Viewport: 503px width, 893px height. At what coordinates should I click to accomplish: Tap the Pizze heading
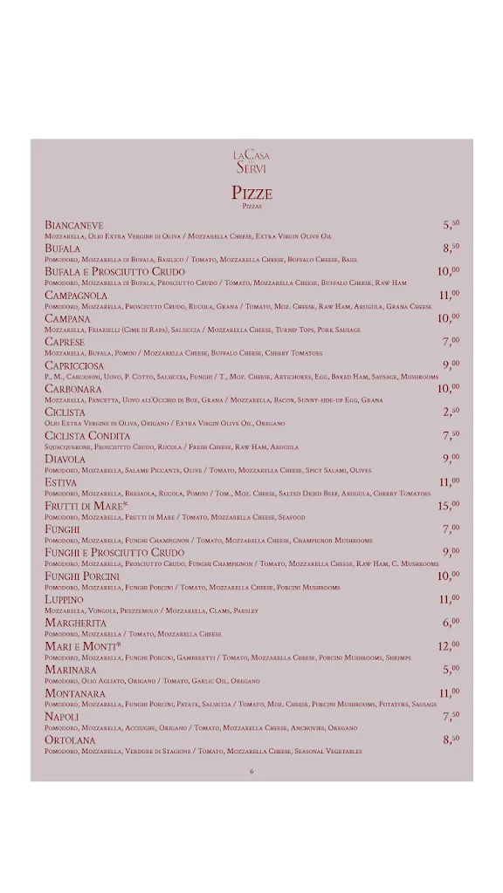pos(251,193)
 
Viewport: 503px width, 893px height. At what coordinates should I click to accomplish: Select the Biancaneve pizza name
pos(74,225)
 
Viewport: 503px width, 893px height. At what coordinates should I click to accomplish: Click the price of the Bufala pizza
pos(451,249)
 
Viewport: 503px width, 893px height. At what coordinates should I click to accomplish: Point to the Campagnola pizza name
pos(76,296)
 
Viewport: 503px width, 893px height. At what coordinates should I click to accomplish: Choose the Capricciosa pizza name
pos(75,365)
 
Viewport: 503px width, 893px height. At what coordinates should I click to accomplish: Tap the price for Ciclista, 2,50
pos(451,412)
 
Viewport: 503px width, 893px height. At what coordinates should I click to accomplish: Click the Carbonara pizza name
pos(73,389)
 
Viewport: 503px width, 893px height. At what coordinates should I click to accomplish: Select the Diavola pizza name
pos(65,459)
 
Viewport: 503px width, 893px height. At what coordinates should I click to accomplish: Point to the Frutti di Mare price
pos(449,506)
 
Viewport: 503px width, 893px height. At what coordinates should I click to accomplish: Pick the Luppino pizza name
pos(65,600)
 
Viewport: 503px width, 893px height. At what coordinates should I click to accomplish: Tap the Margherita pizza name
pos(76,624)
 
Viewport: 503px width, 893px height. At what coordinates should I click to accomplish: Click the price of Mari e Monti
pos(449,646)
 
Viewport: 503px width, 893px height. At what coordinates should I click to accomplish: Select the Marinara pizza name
pos(71,670)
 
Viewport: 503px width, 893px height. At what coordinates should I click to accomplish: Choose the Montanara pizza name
pos(75,693)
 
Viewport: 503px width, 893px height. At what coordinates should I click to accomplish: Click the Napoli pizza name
pos(62,717)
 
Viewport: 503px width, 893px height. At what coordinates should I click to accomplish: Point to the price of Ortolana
pos(451,740)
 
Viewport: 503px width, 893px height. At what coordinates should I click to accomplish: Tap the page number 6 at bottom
pos(251,771)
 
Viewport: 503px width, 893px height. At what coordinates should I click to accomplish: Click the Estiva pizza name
pos(61,482)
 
